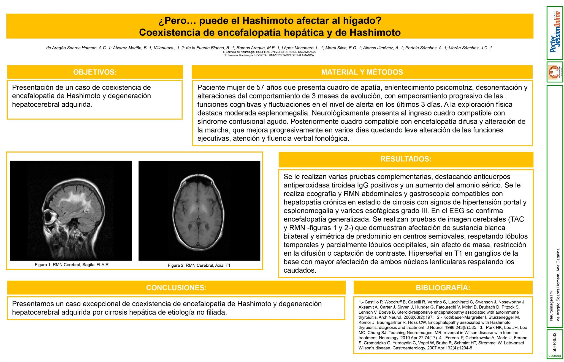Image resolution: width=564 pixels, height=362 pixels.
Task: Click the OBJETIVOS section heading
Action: point(95,72)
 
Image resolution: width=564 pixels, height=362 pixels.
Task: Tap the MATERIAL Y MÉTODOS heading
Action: point(362,72)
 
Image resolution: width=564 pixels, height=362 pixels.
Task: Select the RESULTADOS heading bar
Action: point(406,159)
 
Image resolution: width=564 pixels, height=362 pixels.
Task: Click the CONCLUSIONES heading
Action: point(176,288)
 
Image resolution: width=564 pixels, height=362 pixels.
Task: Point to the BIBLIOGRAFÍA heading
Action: point(443,288)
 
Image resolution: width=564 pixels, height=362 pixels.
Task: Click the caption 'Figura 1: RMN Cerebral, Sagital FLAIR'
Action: point(72,265)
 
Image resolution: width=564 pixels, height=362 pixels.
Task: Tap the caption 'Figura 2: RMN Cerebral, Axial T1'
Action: point(199,265)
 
